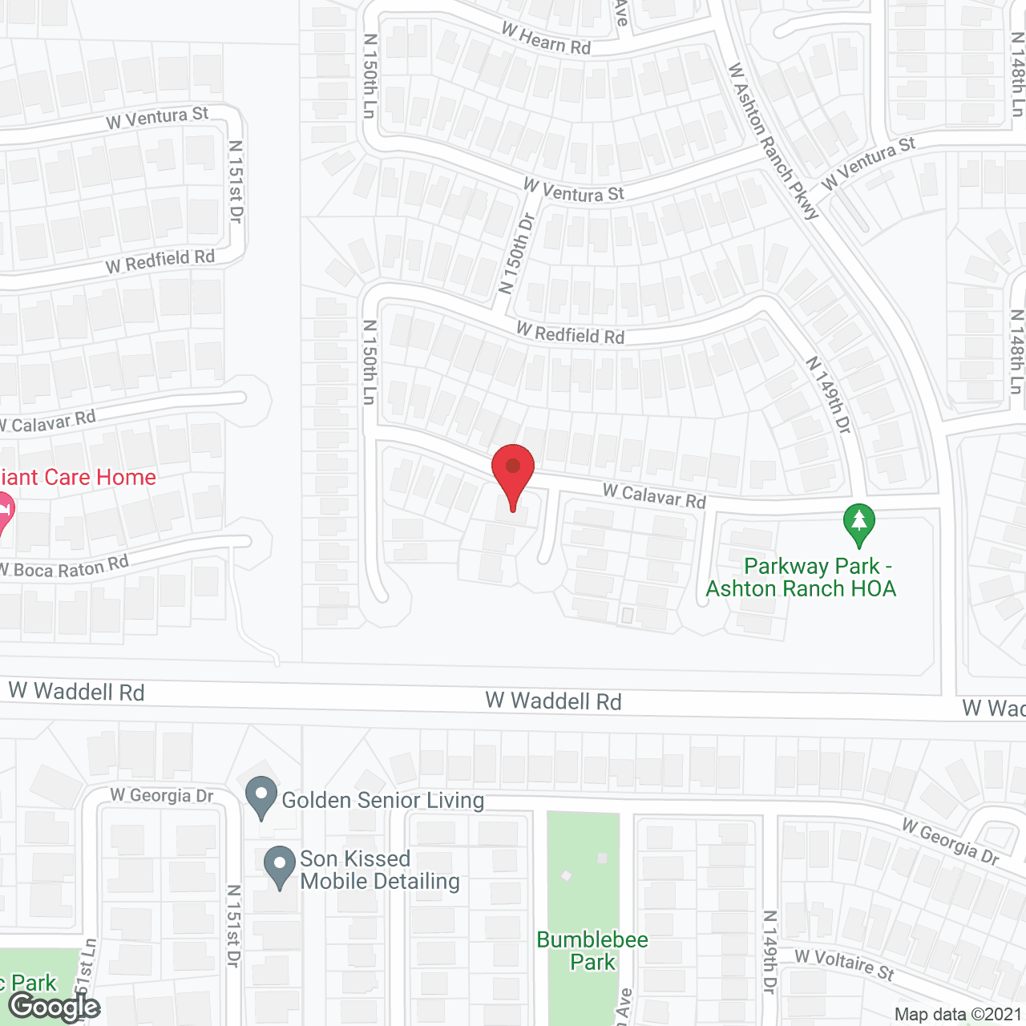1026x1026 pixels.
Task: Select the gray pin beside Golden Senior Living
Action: click(261, 797)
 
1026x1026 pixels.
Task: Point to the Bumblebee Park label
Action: click(592, 951)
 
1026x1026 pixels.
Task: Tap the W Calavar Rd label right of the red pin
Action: click(654, 496)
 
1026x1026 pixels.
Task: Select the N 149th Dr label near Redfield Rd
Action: click(829, 395)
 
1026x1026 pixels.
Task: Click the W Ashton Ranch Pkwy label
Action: click(773, 141)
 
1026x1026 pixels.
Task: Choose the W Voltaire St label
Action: click(844, 964)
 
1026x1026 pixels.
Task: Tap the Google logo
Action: click(54, 1007)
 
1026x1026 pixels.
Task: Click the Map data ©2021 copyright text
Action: click(959, 1015)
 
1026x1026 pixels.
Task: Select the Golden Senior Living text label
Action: click(383, 800)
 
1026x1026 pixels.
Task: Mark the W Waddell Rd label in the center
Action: click(553, 701)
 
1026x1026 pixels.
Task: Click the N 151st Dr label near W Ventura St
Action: click(236, 181)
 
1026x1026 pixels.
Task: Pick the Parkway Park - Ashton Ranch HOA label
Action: click(801, 577)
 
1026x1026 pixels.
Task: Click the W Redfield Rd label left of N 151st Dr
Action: click(160, 261)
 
